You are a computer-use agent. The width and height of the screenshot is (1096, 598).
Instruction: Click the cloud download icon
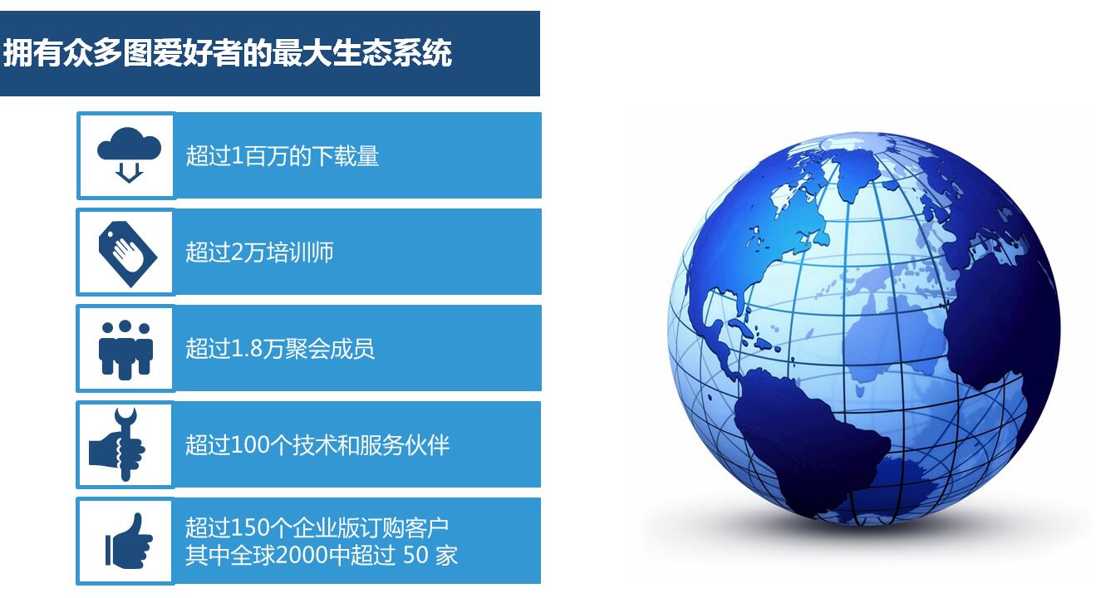[129, 154]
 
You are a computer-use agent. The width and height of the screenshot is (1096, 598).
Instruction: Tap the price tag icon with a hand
[128, 254]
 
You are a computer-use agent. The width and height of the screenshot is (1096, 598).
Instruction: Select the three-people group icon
[125, 350]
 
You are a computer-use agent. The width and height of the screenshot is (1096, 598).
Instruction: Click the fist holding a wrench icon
[117, 445]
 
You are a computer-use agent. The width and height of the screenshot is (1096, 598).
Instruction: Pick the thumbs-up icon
[129, 541]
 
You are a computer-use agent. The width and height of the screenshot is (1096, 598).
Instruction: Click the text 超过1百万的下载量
[283, 156]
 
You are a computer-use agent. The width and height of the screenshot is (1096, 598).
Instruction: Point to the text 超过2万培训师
[259, 252]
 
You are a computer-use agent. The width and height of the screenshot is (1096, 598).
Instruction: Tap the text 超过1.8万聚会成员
[280, 349]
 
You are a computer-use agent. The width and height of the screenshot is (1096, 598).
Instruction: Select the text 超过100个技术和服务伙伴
[317, 445]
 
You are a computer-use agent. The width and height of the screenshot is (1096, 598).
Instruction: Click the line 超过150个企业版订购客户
[317, 527]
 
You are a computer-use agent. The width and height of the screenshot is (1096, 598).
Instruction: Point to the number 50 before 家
[415, 556]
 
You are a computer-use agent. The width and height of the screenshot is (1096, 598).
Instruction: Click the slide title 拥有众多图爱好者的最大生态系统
[227, 52]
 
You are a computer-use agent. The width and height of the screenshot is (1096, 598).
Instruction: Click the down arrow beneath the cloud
[129, 173]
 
